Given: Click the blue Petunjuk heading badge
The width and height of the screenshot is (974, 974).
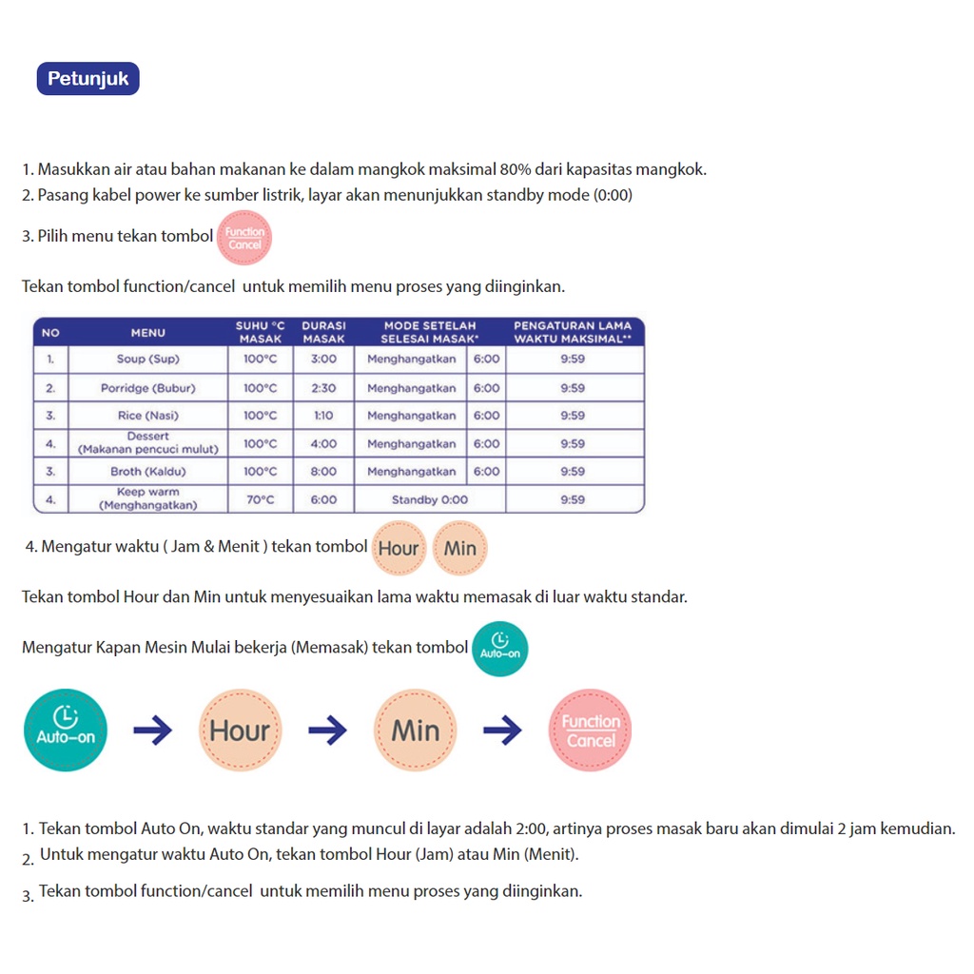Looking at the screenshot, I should [88, 79].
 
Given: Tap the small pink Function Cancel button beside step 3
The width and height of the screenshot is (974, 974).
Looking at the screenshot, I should [244, 238].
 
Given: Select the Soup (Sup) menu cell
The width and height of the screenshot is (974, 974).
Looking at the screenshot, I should [147, 360].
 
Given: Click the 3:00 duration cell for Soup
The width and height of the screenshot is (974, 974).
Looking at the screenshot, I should [323, 360].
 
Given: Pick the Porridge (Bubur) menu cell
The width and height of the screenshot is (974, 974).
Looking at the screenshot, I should [147, 388].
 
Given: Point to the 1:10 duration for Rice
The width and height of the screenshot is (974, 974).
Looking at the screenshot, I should [323, 416].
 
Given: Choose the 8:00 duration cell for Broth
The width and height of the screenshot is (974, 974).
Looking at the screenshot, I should [323, 472].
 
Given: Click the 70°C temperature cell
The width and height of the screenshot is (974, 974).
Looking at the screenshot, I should [260, 499].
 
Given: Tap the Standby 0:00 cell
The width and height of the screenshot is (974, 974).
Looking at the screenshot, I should [430, 499].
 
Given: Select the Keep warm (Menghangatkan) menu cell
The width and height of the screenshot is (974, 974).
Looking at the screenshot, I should [147, 499].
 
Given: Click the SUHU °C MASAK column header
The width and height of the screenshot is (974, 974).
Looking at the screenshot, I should [260, 332].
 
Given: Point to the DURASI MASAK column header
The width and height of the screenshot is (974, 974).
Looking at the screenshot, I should [323, 332].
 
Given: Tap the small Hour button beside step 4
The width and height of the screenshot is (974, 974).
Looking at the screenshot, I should [399, 548].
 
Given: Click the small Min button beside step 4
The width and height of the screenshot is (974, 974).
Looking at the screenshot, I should [460, 548].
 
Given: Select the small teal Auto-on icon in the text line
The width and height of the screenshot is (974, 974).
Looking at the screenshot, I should [500, 649].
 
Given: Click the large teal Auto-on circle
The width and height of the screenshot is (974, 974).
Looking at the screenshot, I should [66, 730].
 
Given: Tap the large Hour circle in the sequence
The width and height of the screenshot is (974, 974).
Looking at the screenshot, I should [241, 730].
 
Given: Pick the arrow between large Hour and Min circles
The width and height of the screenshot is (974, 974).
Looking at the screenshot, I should [328, 730].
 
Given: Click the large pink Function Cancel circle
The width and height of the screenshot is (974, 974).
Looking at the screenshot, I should [591, 730].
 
